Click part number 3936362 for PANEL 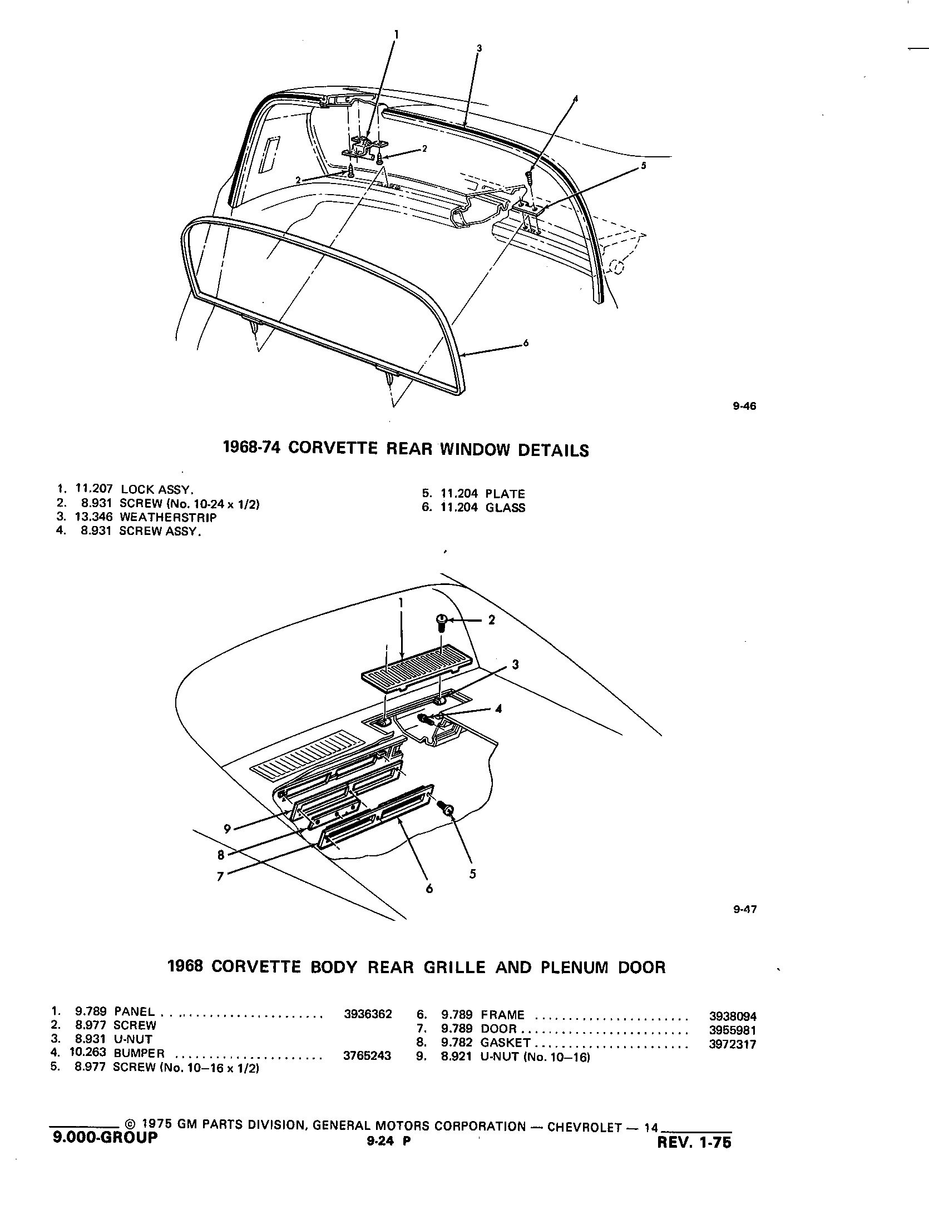coord(368,1014)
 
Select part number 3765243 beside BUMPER coord(368,1055)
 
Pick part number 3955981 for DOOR coord(733,1030)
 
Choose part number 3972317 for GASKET coord(733,1044)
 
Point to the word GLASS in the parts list coord(505,508)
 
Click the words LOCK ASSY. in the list coord(157,490)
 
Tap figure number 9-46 coord(744,406)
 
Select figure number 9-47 coord(744,910)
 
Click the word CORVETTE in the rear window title coord(334,449)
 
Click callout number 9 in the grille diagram coord(227,844)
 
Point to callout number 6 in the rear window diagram coord(526,343)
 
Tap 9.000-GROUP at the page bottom coord(105,1138)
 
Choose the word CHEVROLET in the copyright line coord(584,1127)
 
